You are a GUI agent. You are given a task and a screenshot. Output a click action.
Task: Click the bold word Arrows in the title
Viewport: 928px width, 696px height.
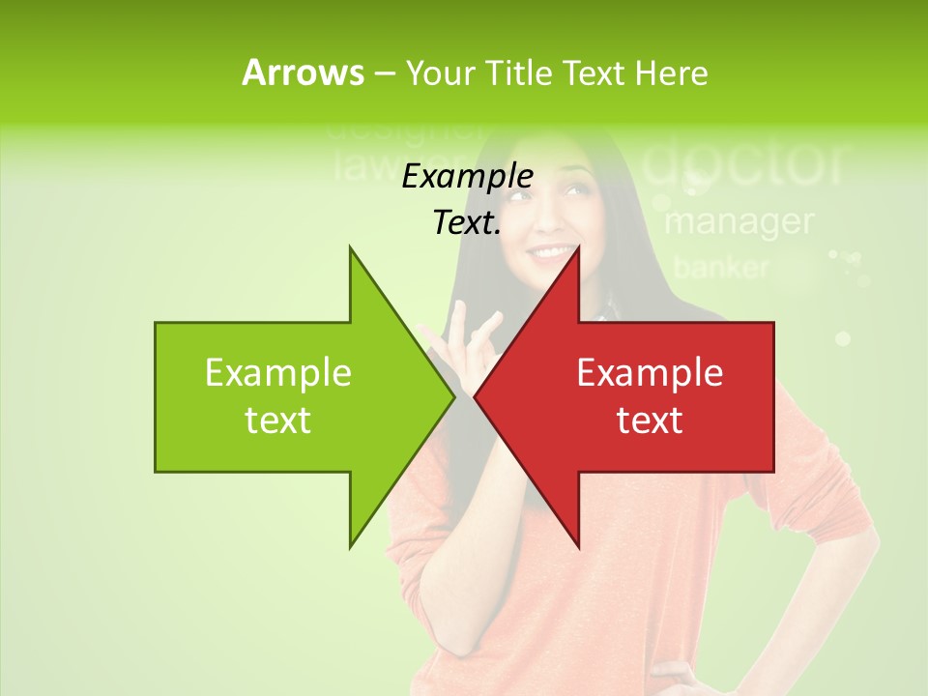(x=303, y=72)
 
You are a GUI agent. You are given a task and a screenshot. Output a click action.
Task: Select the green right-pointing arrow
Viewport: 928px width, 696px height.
(x=290, y=396)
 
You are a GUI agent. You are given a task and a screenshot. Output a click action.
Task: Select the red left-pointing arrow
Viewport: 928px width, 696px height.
(x=657, y=396)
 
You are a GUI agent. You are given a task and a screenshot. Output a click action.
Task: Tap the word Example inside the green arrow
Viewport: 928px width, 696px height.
(x=278, y=373)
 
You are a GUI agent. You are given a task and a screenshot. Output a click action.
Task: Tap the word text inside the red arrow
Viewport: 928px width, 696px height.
(x=650, y=420)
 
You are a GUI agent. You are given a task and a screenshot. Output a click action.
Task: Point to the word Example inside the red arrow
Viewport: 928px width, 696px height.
(x=650, y=373)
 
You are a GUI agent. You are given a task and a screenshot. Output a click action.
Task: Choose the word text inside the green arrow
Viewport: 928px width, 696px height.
(x=278, y=420)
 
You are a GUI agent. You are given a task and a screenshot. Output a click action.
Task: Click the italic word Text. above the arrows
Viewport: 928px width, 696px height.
(x=467, y=223)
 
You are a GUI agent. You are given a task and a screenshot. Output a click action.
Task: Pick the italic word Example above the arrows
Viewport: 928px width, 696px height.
(x=467, y=177)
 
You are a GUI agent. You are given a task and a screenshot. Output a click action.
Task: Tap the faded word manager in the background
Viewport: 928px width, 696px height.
(x=739, y=222)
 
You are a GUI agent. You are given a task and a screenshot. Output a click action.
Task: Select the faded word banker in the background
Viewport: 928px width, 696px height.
(x=721, y=268)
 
